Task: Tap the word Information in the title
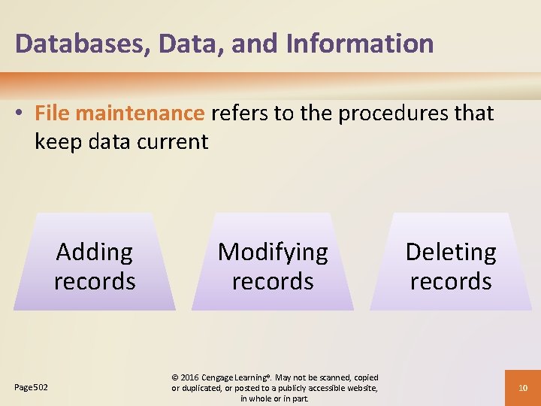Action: (360, 44)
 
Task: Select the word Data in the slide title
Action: (193, 44)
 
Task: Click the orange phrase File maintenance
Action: (119, 114)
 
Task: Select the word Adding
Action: (95, 252)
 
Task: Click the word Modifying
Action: (273, 252)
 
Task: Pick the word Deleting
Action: (451, 252)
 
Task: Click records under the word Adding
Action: (95, 281)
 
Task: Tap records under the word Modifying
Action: (273, 281)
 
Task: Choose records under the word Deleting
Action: (451, 281)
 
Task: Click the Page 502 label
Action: (31, 387)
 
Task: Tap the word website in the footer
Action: (361, 388)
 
